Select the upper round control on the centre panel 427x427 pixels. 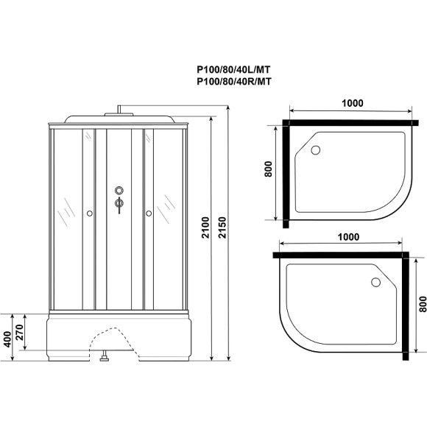coord(119,191)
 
